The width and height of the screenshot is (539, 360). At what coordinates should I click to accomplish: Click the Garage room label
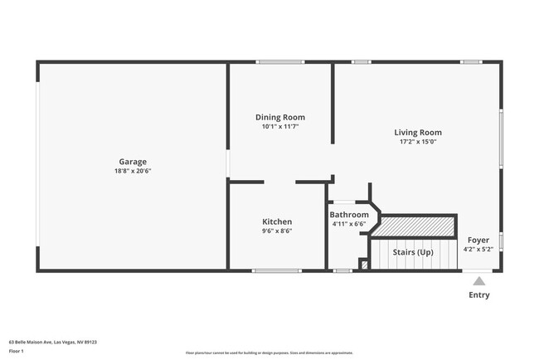(133, 162)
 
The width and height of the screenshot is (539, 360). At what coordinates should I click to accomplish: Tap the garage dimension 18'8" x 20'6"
(133, 171)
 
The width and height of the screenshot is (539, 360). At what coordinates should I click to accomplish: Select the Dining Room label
(279, 117)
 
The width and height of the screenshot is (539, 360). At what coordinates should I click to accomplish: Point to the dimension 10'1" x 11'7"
(279, 126)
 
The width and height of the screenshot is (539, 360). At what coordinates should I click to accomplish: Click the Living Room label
(417, 132)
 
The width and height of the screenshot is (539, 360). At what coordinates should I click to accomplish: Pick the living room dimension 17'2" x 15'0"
(417, 141)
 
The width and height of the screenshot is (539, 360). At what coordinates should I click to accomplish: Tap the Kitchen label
(277, 221)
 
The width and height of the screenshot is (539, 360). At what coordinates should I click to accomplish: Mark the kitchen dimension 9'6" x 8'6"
(277, 231)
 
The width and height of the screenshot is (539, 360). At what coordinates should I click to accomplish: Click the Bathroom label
(349, 215)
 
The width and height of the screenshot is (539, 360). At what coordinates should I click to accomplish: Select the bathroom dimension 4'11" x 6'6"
(349, 224)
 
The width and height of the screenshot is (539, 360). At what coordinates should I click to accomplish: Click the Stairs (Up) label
(413, 252)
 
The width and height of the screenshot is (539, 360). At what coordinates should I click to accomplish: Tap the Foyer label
(478, 240)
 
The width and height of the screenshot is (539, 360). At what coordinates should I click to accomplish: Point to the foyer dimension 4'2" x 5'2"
(478, 249)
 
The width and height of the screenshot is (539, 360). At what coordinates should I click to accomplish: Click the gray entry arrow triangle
(479, 281)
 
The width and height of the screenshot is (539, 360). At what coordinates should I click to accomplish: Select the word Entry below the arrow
(479, 294)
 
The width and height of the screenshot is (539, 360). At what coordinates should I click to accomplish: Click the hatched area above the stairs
(418, 226)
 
